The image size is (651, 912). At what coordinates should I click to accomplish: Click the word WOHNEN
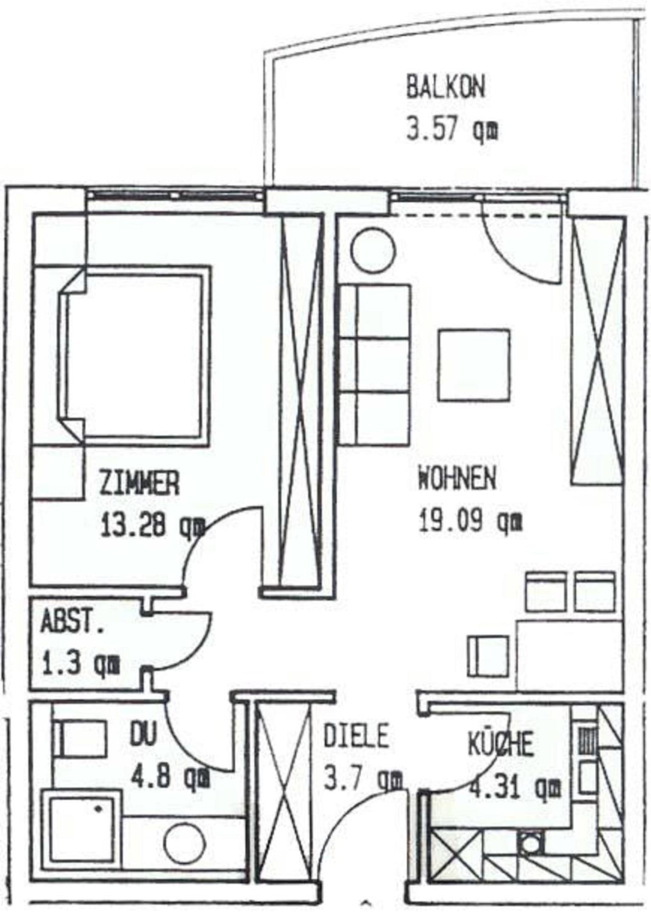pyautogui.click(x=457, y=479)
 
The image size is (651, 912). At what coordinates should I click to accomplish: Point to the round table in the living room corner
pyautogui.click(x=373, y=250)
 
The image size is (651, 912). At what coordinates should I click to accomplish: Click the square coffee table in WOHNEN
pyautogui.click(x=474, y=365)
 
